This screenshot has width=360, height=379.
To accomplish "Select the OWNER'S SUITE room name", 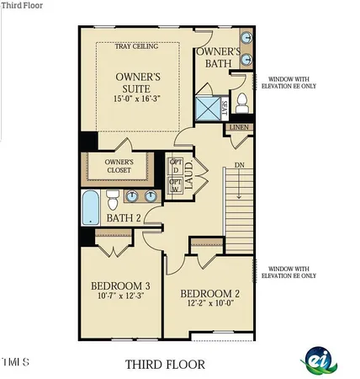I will pos(139,83).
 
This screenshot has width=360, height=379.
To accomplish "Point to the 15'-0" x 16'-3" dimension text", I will pos(139,99).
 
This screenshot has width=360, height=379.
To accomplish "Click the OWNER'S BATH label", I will pos(220,58).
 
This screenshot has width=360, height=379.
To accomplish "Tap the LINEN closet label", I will pos(239,128).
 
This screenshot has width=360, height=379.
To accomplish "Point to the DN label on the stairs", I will pos(238,166).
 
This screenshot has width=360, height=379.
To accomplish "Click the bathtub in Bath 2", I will pos(90,207).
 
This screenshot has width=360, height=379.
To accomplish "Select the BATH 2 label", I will pos(124,219).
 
